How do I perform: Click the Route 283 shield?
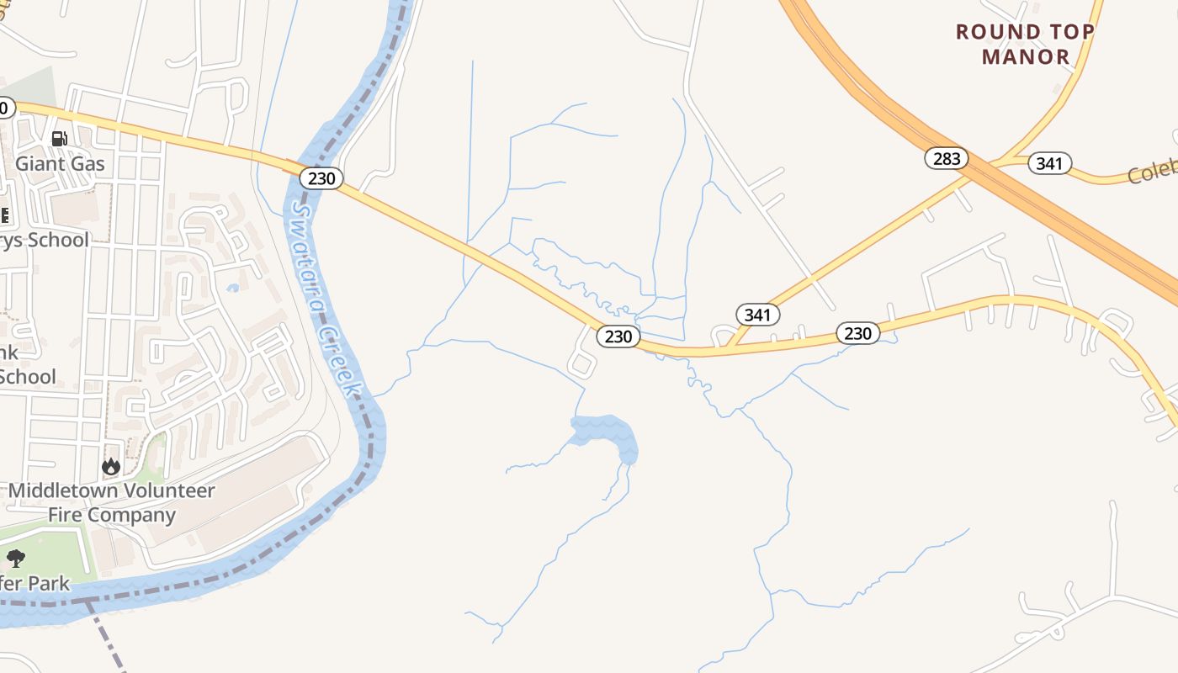(x=947, y=158)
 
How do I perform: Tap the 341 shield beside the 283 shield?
(x=1049, y=163)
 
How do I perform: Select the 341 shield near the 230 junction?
(x=758, y=315)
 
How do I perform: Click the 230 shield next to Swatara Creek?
(x=321, y=178)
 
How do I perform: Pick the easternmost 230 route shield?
(x=857, y=333)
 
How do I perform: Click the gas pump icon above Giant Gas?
(x=59, y=139)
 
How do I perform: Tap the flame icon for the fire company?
(x=110, y=466)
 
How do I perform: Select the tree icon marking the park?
(x=15, y=558)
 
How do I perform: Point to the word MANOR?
(x=1026, y=57)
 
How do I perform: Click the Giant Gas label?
(x=61, y=163)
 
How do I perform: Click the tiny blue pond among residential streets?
(x=232, y=288)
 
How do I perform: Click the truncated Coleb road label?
(x=1151, y=173)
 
